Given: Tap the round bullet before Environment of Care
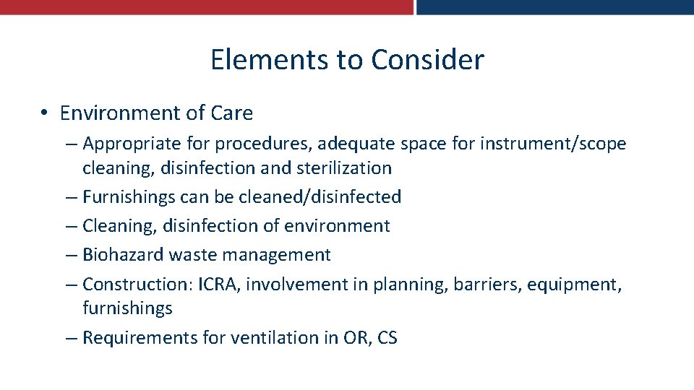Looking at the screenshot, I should coord(45,113).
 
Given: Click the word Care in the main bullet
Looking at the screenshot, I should coord(232,113).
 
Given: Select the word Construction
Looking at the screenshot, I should coord(137,284).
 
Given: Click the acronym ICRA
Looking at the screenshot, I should coord(220,284).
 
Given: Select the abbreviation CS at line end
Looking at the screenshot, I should coord(387,337).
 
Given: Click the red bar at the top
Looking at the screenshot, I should coord(206,6).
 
